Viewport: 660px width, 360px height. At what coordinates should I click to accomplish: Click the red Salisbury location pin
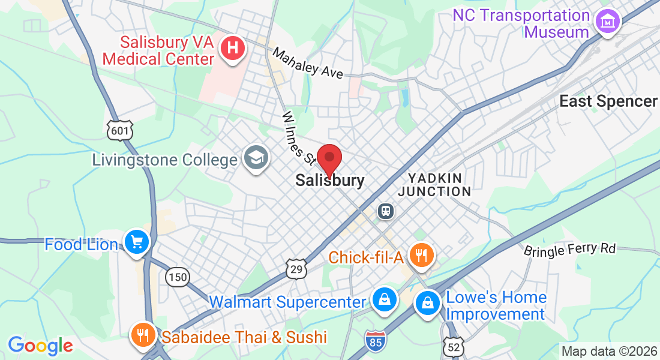pos(329,159)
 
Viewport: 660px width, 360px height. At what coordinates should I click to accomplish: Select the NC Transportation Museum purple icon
pos(607,22)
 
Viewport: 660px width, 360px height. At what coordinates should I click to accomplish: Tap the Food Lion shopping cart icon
pos(137,242)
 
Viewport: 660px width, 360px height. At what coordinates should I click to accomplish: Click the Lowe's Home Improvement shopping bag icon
pos(428,302)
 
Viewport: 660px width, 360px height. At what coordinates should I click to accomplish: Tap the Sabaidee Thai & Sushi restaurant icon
pos(142,334)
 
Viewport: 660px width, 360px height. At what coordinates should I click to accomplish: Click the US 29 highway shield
pos(296,268)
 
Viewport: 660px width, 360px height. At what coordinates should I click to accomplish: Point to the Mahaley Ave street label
pos(308,63)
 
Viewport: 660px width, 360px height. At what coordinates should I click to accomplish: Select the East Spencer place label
pos(608,101)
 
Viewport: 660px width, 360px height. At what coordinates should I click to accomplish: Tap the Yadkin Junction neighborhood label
pos(434,185)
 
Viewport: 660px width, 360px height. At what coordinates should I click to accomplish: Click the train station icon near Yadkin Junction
pos(385,211)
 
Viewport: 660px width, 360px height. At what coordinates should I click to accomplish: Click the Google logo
pos(40,346)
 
